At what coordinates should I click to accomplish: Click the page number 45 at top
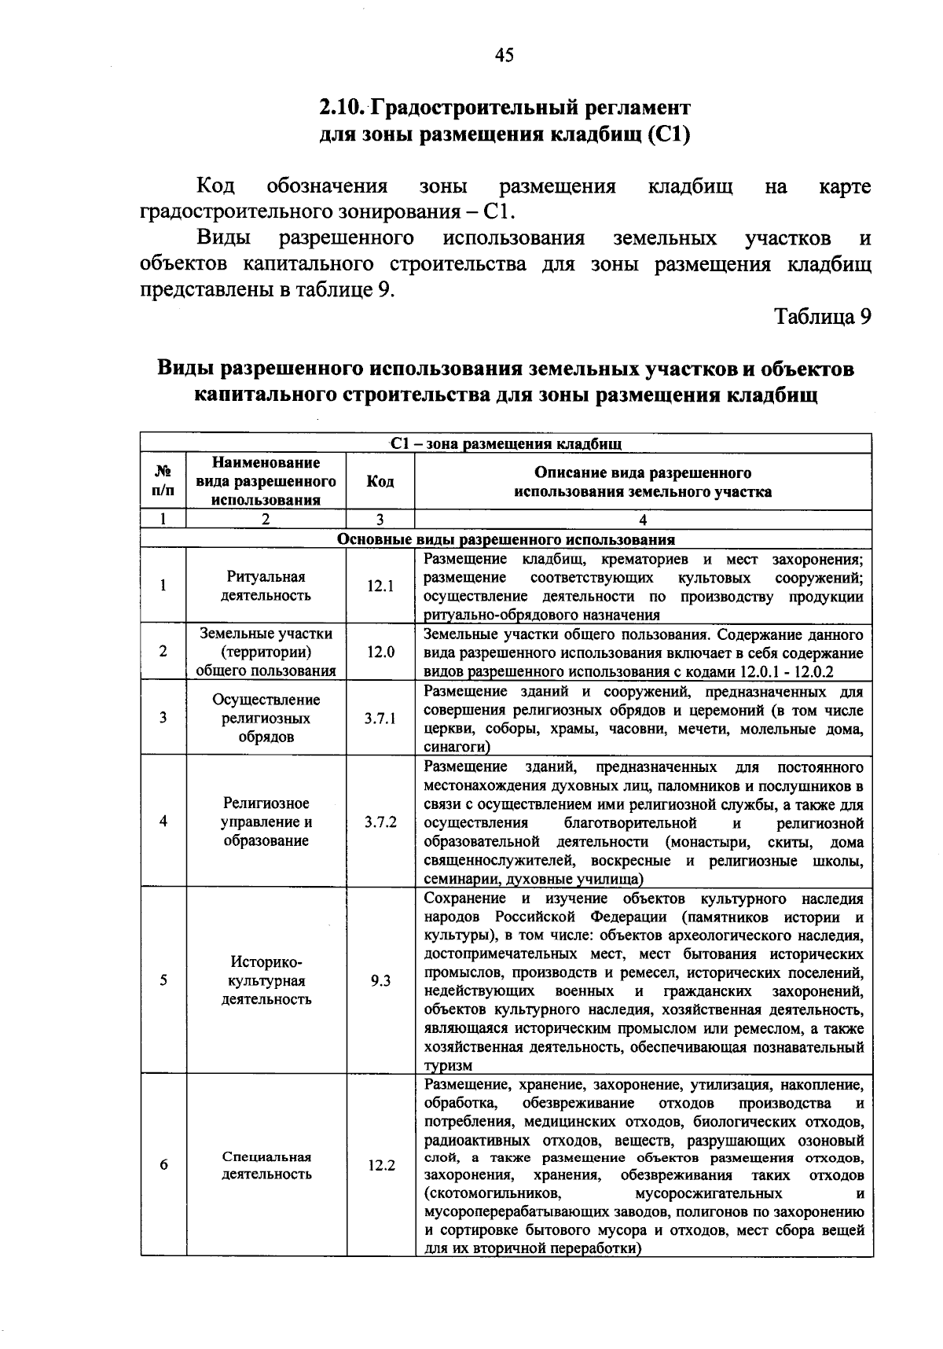(505, 55)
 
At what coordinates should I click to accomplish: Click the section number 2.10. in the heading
(343, 106)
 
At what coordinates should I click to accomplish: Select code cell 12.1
(380, 586)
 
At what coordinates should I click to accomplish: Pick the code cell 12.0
(380, 652)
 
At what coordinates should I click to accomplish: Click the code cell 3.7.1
(380, 719)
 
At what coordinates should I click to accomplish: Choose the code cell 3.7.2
(380, 822)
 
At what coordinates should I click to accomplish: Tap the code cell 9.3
(380, 981)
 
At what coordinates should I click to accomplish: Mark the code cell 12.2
(380, 1166)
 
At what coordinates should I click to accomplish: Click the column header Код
(380, 482)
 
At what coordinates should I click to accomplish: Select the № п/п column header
(163, 482)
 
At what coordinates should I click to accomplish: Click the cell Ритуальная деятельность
(266, 586)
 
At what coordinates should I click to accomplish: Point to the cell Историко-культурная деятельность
(266, 981)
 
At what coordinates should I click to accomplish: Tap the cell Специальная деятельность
(266, 1166)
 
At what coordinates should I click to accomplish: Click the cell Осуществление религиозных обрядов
(266, 719)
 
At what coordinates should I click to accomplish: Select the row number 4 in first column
(163, 822)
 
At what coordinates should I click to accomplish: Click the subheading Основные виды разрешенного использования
(505, 540)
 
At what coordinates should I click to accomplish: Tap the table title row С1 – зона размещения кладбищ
(505, 444)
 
